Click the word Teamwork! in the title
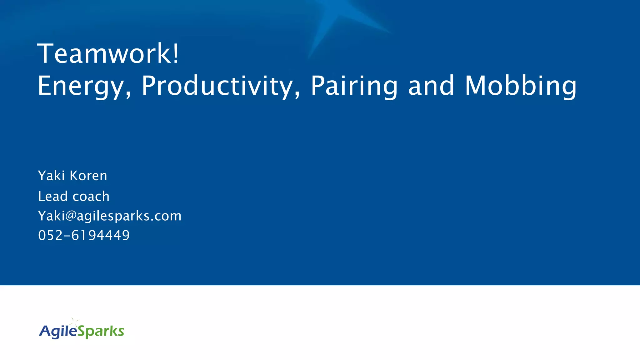point(108,54)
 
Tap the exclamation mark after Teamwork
point(176,53)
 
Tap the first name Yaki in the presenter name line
point(51,176)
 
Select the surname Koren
point(88,176)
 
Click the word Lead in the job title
point(53,196)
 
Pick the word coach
point(91,196)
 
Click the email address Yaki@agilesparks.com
point(109,216)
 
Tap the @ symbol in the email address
point(71,216)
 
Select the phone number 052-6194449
point(84,235)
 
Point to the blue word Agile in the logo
point(58,331)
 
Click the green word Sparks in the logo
point(101,331)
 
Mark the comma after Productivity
point(297,94)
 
